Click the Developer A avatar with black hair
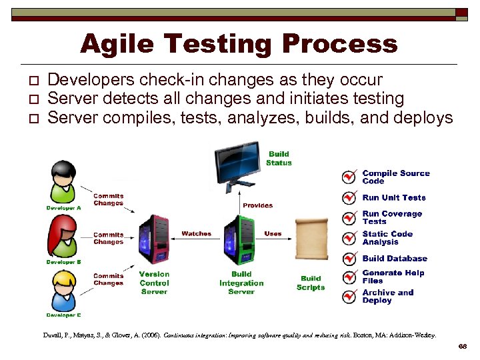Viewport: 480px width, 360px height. [63, 182]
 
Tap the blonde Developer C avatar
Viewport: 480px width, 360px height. [63, 291]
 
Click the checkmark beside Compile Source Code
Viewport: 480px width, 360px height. [349, 177]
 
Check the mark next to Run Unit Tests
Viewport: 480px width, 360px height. [349, 198]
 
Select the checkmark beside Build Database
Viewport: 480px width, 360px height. [349, 259]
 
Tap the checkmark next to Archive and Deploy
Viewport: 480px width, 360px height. [349, 297]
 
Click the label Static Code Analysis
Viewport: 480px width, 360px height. [387, 238]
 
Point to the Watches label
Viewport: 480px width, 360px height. [196, 234]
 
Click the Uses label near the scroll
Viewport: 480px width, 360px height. [273, 234]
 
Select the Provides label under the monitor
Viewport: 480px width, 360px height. [257, 205]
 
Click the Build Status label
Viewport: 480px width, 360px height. [279, 158]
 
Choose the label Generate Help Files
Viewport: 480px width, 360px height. [393, 277]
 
